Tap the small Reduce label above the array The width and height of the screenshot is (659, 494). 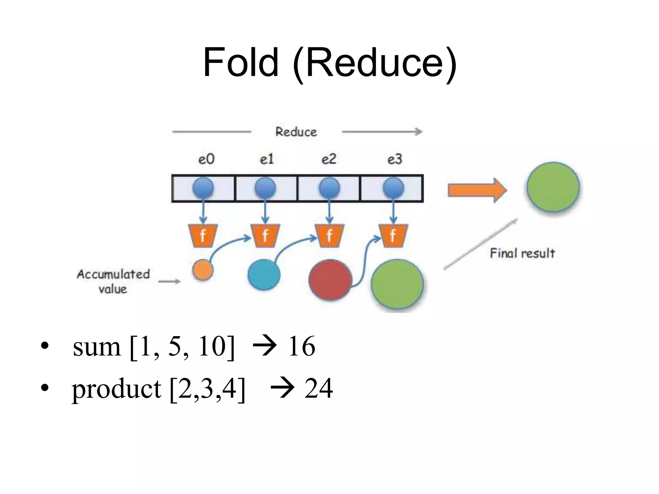296,132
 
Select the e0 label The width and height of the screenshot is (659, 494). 206,159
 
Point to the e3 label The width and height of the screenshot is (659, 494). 394,159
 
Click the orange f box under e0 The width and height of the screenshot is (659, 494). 203,236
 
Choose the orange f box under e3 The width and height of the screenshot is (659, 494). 393,236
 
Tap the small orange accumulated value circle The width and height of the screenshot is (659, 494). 203,270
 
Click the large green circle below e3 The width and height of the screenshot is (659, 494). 397,285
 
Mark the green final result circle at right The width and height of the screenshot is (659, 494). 553,187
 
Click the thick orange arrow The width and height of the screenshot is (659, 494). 477,190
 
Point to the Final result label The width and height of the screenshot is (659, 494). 522,253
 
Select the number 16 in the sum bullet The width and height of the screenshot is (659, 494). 302,346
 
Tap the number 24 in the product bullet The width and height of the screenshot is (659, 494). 318,388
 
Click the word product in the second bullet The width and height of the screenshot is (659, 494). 116,389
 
